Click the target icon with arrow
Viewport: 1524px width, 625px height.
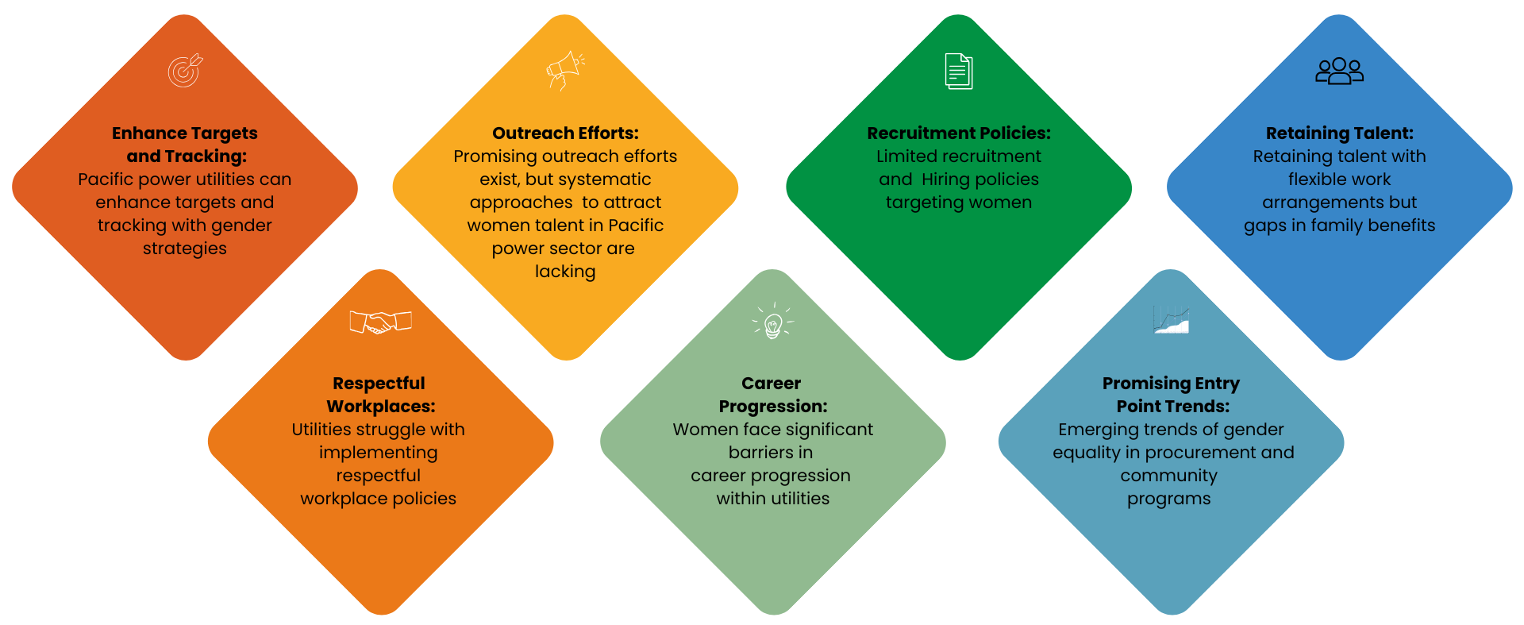pyautogui.click(x=185, y=71)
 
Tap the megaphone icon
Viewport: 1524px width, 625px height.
pyautogui.click(x=565, y=70)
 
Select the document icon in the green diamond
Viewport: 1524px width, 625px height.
pyautogui.click(x=959, y=71)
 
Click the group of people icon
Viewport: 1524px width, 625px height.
pyautogui.click(x=1339, y=71)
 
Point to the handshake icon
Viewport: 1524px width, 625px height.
pyautogui.click(x=380, y=322)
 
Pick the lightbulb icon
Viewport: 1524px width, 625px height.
pyautogui.click(x=773, y=322)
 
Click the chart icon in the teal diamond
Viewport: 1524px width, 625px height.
pyautogui.click(x=1171, y=319)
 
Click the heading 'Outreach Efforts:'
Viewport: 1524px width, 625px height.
pyautogui.click(x=565, y=133)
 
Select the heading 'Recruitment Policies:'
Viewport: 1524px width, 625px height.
pyautogui.click(x=959, y=133)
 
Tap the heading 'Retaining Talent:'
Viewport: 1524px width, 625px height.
pyautogui.click(x=1339, y=133)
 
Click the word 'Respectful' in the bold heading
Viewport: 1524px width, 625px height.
pyautogui.click(x=379, y=384)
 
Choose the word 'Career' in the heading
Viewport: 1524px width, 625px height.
pyautogui.click(x=771, y=384)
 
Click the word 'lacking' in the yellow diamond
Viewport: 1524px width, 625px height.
pyautogui.click(x=565, y=272)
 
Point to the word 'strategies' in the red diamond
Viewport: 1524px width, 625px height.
pyautogui.click(x=185, y=249)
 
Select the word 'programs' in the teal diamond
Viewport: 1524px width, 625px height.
pyautogui.click(x=1168, y=500)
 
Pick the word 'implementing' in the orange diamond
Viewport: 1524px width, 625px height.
pyautogui.click(x=378, y=453)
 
